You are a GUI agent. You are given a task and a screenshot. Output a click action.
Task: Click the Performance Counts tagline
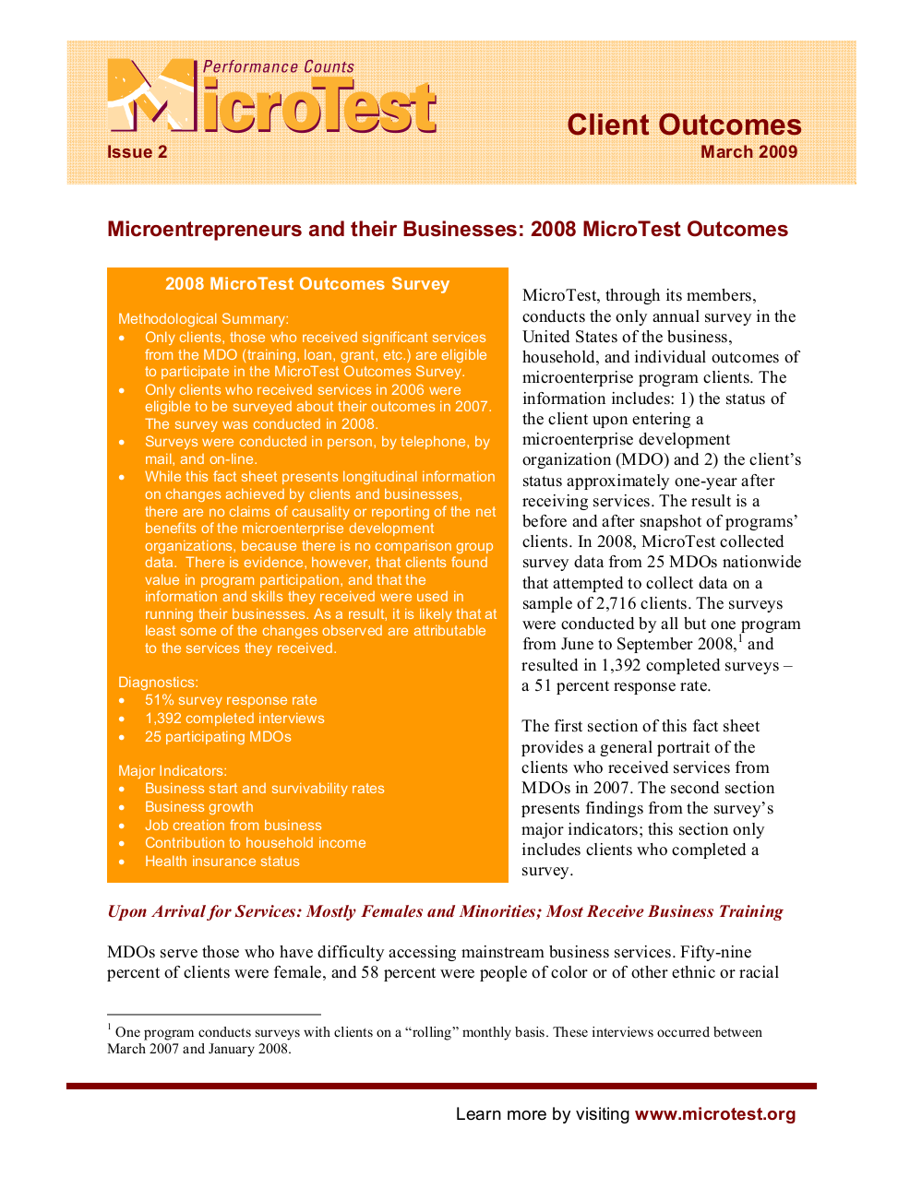tap(278, 67)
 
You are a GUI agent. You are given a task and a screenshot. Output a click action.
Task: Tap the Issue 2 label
tap(138, 152)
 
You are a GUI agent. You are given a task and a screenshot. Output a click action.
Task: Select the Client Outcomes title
tap(684, 125)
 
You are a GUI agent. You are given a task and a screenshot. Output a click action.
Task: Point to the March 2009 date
tap(748, 152)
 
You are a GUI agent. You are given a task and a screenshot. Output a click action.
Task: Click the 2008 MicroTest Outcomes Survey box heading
tap(307, 284)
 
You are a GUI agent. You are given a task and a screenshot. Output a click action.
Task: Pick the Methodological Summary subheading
tap(203, 319)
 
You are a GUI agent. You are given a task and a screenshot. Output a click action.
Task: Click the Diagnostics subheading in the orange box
tap(158, 683)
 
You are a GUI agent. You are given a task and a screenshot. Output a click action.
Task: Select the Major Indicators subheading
tap(172, 771)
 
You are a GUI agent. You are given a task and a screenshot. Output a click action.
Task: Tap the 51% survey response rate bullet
tap(231, 700)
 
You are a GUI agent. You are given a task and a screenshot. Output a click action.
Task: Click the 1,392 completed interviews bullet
tap(234, 719)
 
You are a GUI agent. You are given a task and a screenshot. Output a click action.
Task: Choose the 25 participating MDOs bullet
tap(218, 737)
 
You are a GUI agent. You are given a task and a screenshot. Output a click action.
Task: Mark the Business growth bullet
tap(198, 807)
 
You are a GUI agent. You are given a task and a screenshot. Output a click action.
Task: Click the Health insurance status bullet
tap(222, 862)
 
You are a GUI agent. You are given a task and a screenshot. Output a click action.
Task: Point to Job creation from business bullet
tap(233, 826)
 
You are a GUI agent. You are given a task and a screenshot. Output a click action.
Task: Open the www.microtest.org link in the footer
tap(715, 1114)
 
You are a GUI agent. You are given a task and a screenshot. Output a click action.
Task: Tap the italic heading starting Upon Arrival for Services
tap(445, 911)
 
